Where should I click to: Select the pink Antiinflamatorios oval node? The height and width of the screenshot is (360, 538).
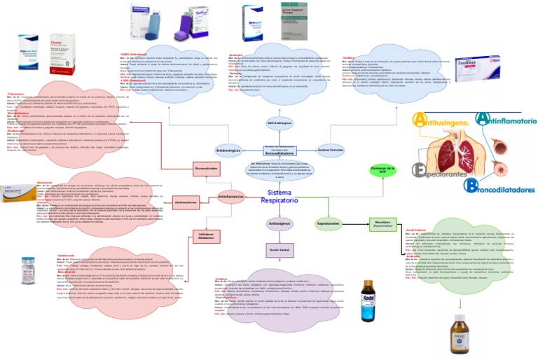point(232,178)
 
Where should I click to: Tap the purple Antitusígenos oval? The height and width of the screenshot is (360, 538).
point(280,223)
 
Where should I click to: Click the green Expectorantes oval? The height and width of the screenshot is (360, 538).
point(328,223)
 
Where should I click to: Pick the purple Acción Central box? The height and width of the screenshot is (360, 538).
point(280,249)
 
